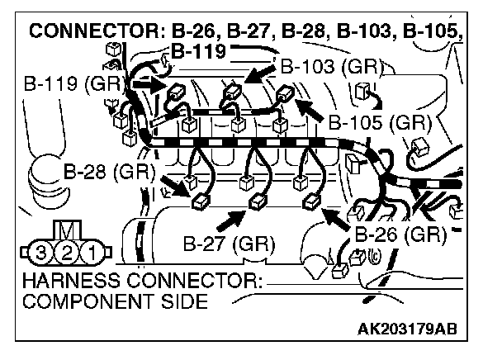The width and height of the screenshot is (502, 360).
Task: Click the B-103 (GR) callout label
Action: (328, 67)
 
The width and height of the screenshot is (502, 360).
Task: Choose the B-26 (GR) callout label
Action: (400, 234)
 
